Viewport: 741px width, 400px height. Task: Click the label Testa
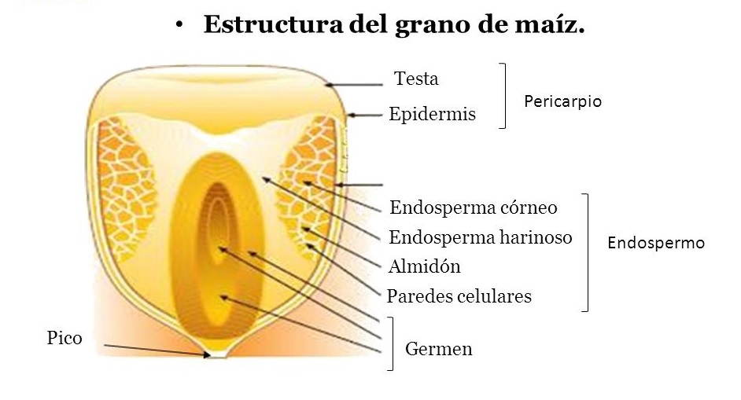pyautogui.click(x=416, y=79)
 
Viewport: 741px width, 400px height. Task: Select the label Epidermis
pyautogui.click(x=432, y=114)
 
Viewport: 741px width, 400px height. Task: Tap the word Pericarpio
pyautogui.click(x=562, y=101)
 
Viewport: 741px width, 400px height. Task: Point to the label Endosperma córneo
pyautogui.click(x=474, y=208)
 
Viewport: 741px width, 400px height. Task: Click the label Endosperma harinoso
pyautogui.click(x=481, y=237)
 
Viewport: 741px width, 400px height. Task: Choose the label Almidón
pyautogui.click(x=424, y=266)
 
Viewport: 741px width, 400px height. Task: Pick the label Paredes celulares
pyautogui.click(x=459, y=296)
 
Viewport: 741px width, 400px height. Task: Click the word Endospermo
pyautogui.click(x=656, y=243)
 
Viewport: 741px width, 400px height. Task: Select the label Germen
pyautogui.click(x=439, y=348)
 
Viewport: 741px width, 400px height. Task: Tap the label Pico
pyautogui.click(x=65, y=339)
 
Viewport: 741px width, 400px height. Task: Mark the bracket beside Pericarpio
pyautogui.click(x=502, y=95)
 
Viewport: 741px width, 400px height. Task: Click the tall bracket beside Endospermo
pyautogui.click(x=586, y=251)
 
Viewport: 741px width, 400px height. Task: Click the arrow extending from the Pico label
pyautogui.click(x=153, y=350)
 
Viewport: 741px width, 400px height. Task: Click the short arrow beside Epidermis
pyautogui.click(x=363, y=116)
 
